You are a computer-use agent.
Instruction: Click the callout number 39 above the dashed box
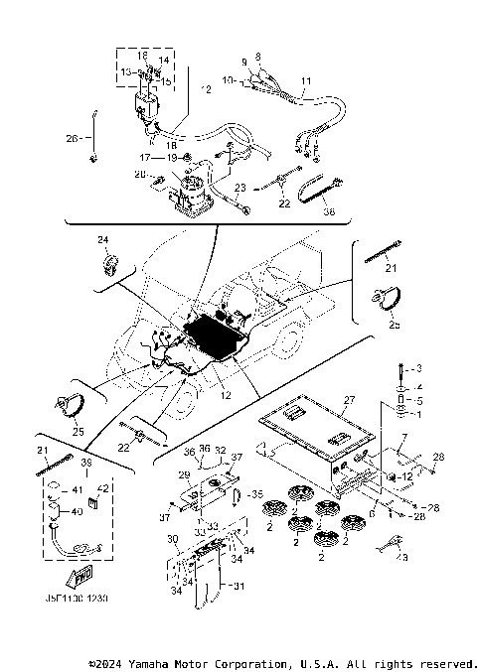tap(86, 464)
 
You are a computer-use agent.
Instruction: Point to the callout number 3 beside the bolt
tap(418, 369)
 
